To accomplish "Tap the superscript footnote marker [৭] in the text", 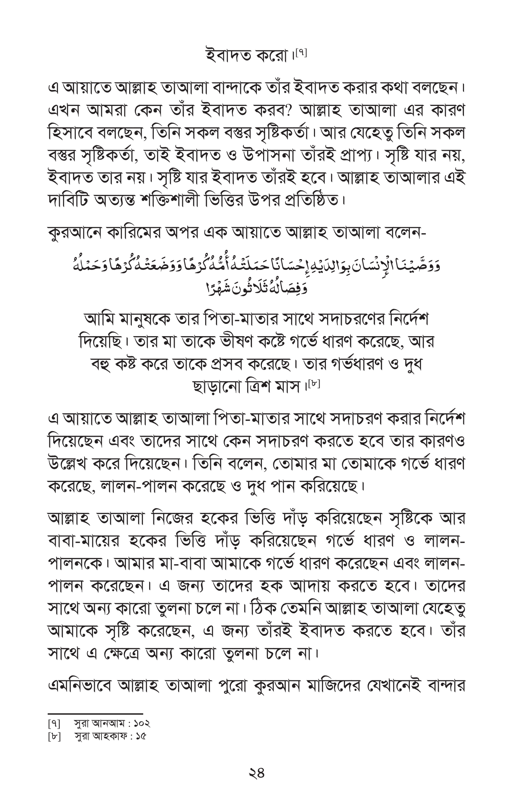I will [x=302, y=53].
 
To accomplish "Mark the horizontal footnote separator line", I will [x=95, y=713].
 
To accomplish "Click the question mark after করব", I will [x=291, y=111].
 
